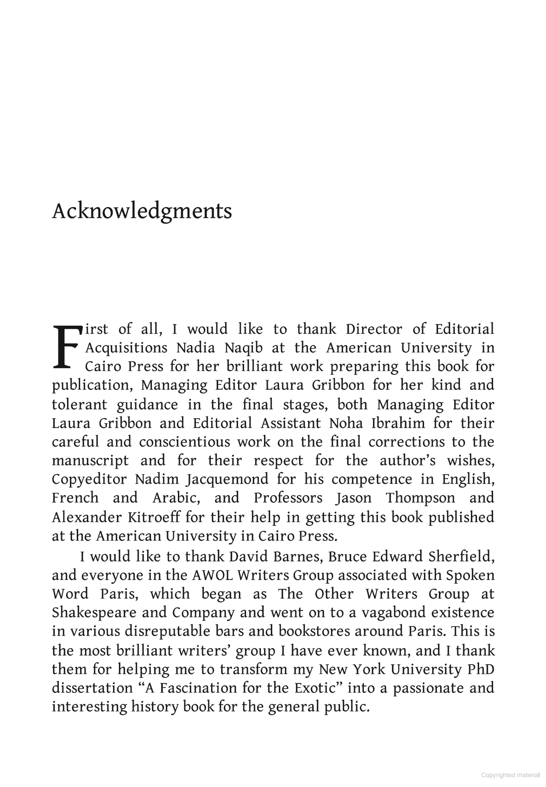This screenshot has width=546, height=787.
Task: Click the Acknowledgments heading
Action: pyautogui.click(x=142, y=211)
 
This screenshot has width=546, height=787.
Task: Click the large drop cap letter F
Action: pyautogui.click(x=66, y=347)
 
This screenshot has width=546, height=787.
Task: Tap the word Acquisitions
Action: pyautogui.click(x=127, y=348)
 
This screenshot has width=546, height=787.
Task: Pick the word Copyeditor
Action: pyautogui.click(x=89, y=480)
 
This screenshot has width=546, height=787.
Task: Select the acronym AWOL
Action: pyautogui.click(x=213, y=576)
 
